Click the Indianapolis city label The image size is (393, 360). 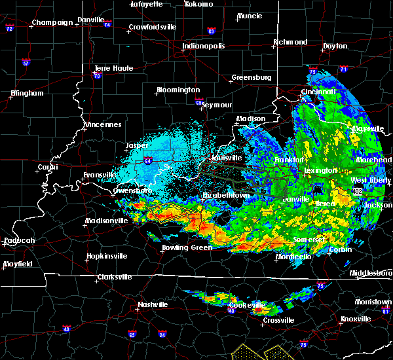[x=204, y=46]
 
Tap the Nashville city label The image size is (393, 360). [x=153, y=305]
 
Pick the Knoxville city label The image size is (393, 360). [x=355, y=319]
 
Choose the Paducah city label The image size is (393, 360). [x=18, y=240]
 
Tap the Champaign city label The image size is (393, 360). [x=53, y=22]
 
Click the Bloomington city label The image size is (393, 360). [x=178, y=90]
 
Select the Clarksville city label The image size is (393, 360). [x=114, y=277]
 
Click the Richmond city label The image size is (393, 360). [x=290, y=43]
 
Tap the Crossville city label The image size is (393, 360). [x=278, y=319]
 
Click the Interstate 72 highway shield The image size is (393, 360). [x=10, y=29]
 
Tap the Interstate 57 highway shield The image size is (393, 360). [x=26, y=63]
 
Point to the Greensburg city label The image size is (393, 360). [x=251, y=78]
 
